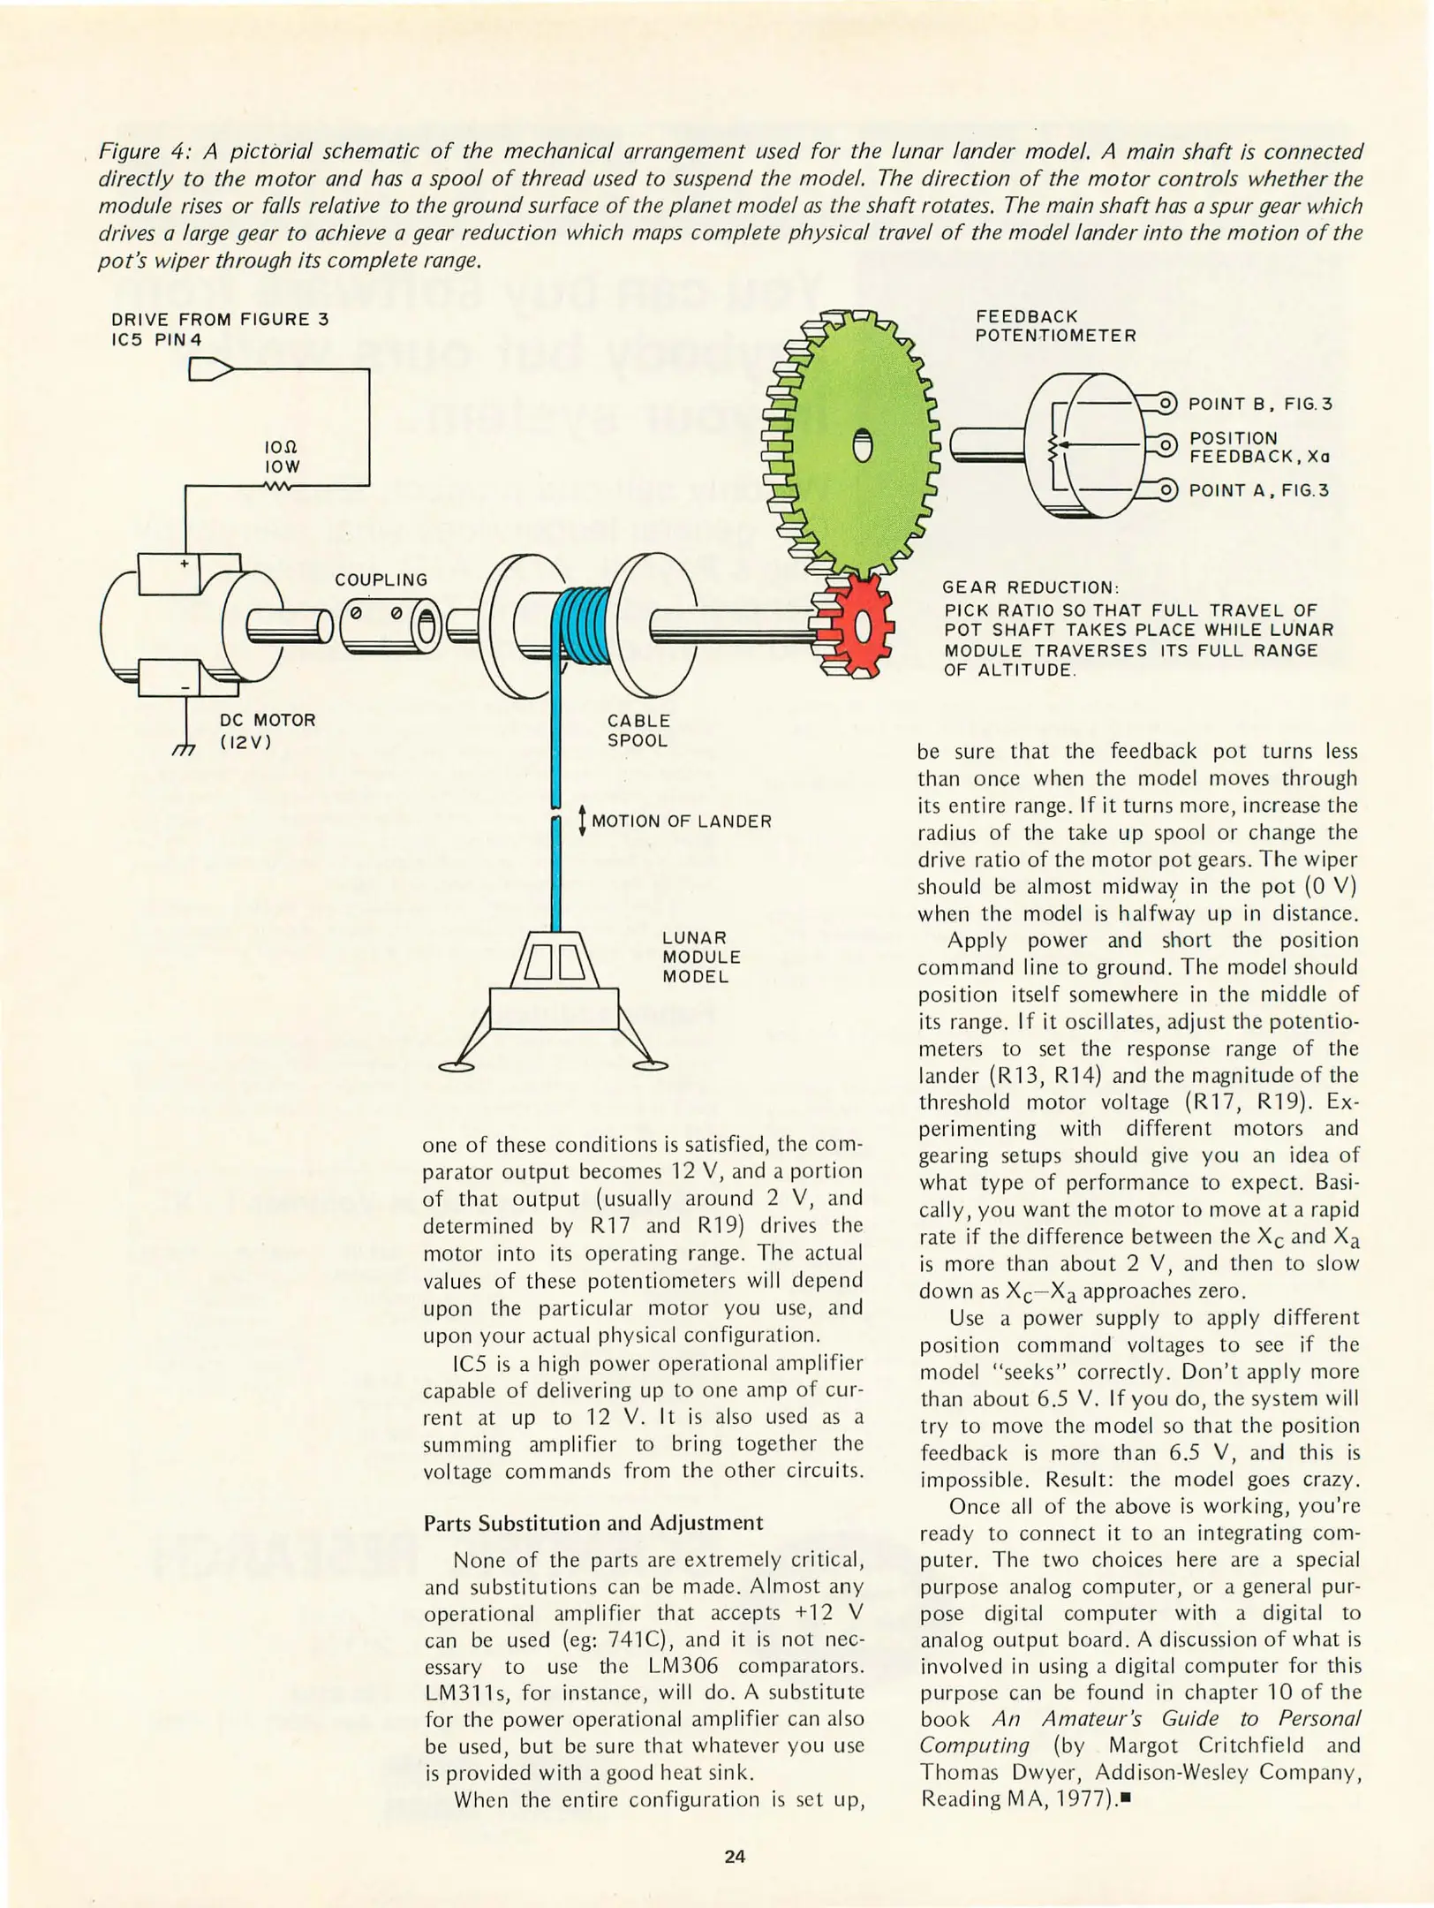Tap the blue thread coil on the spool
580,627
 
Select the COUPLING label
381,579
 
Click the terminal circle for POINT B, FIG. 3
1166,404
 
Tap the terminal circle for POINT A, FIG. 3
1166,489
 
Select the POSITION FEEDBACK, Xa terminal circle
1166,446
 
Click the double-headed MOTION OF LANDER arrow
581,820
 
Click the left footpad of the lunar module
456,1067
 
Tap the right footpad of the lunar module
651,1065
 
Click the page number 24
735,1856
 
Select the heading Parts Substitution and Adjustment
593,1522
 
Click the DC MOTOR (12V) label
267,731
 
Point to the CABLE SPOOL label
638,731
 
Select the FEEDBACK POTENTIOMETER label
1055,326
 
